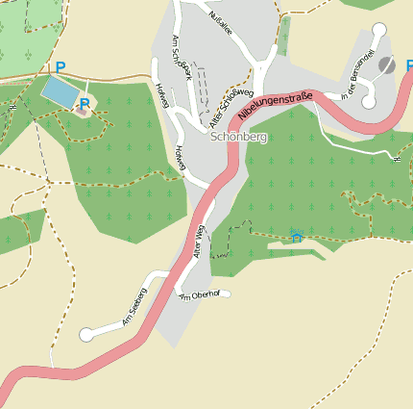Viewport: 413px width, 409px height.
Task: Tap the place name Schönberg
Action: point(237,138)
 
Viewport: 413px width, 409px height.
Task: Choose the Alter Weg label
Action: point(199,241)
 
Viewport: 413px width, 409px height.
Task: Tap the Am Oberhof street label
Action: point(200,294)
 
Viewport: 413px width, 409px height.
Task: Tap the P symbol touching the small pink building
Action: point(85,103)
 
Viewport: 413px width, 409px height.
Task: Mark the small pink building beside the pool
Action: point(81,112)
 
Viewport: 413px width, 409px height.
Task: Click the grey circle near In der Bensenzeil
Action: point(387,64)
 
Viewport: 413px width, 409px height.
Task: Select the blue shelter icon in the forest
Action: point(297,236)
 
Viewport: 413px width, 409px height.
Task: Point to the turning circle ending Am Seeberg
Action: point(86,335)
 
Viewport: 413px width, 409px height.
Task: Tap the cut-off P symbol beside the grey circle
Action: point(408,66)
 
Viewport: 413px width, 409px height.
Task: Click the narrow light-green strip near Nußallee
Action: point(283,36)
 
